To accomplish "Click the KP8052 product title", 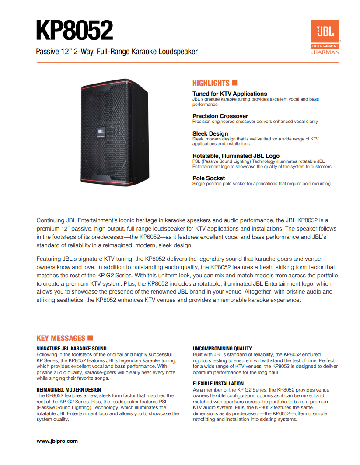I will click(x=74, y=30).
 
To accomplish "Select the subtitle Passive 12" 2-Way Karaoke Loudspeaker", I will click(x=117, y=52).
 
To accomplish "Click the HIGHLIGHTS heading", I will click(x=211, y=83).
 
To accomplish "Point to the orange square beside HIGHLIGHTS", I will click(x=234, y=83).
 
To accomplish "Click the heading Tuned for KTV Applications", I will click(x=230, y=94).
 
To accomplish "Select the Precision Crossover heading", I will click(x=220, y=116).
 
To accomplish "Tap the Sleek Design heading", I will click(x=210, y=133).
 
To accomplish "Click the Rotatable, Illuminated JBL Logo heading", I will click(x=236, y=156).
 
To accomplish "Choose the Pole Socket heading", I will click(x=209, y=178).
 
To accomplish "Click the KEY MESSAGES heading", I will click(x=61, y=338).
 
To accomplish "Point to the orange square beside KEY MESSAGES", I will click(x=91, y=338).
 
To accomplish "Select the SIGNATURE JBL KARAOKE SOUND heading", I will click(x=72, y=349).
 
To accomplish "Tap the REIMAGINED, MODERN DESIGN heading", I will click(x=69, y=389).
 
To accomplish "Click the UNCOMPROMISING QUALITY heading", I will click(x=222, y=349).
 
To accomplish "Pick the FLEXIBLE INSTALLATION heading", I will click(x=218, y=384).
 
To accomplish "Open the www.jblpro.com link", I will click(x=57, y=441).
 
